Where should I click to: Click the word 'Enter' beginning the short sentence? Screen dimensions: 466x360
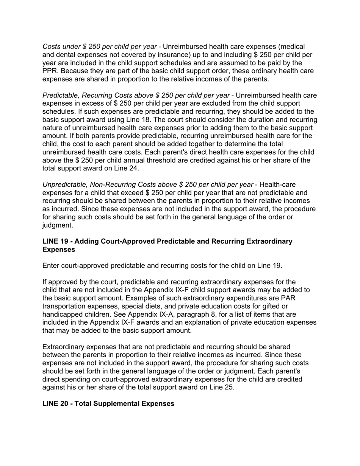click(x=52, y=266)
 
